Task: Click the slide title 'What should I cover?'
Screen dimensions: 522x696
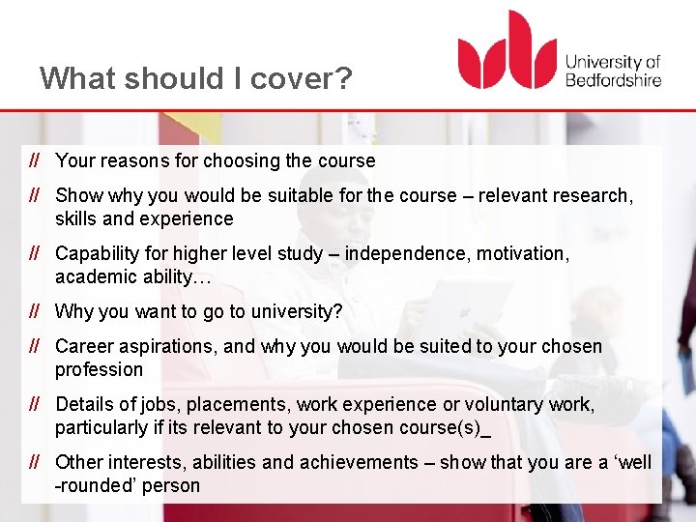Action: pos(196,77)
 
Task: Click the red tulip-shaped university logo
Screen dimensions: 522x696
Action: pos(507,52)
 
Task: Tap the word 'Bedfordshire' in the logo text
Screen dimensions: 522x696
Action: pos(613,78)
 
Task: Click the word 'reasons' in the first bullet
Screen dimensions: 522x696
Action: pos(130,160)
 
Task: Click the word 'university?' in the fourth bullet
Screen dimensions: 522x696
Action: pos(296,311)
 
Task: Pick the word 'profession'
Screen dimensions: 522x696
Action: pos(99,369)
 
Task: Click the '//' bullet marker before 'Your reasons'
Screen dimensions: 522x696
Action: pos(34,160)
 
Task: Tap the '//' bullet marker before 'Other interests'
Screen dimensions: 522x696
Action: pos(34,462)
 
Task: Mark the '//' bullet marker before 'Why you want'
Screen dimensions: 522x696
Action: pos(34,311)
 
